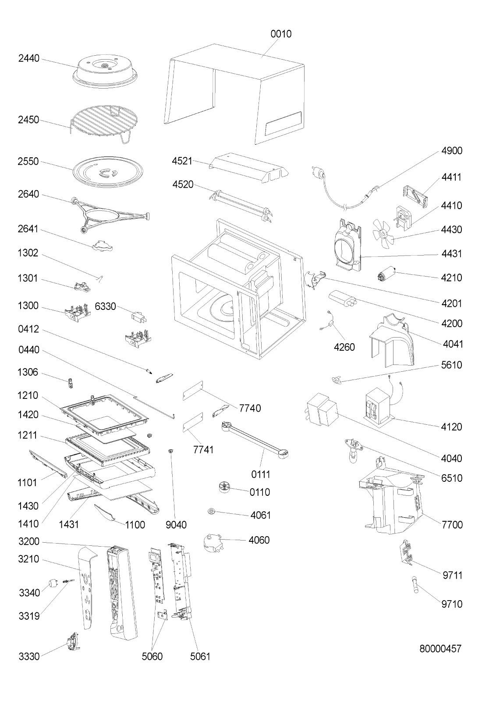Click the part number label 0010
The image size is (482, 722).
pos(281,34)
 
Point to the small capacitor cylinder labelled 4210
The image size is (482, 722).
pos(386,274)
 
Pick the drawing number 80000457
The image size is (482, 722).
pos(440,648)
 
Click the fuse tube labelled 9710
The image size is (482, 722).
pos(416,585)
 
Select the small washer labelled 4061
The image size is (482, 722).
pos(212,511)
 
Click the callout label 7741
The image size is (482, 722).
pos(203,449)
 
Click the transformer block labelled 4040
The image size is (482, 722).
pos(321,411)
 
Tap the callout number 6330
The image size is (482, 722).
pos(105,306)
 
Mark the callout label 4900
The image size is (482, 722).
pos(452,150)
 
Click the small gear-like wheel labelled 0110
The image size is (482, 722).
pos(225,487)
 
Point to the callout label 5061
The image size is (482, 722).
pos(200,656)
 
